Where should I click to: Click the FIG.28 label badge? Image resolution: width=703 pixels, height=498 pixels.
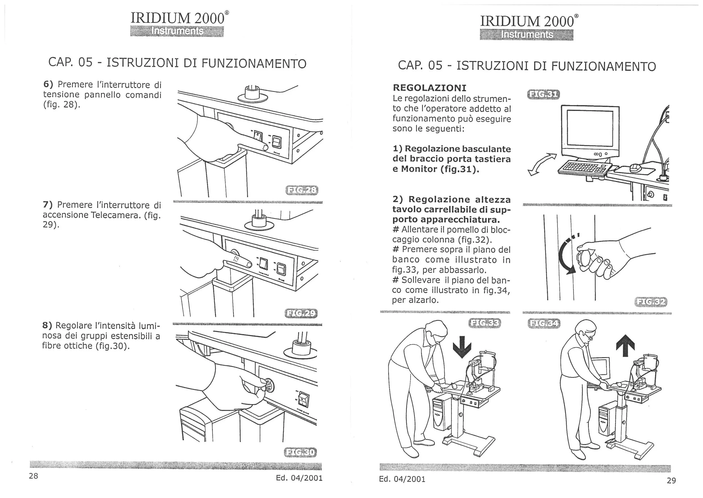(302, 190)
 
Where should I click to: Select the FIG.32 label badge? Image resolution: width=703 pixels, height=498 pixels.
(651, 302)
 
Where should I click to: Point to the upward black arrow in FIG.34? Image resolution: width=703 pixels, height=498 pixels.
(625, 346)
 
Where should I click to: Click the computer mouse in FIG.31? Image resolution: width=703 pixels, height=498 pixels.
(635, 168)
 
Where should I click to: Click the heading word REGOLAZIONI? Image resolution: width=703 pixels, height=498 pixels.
(429, 88)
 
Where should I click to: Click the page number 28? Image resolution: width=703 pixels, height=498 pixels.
(33, 476)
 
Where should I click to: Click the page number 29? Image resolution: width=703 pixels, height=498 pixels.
(671, 481)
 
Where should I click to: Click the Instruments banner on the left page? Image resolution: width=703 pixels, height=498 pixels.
(177, 31)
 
